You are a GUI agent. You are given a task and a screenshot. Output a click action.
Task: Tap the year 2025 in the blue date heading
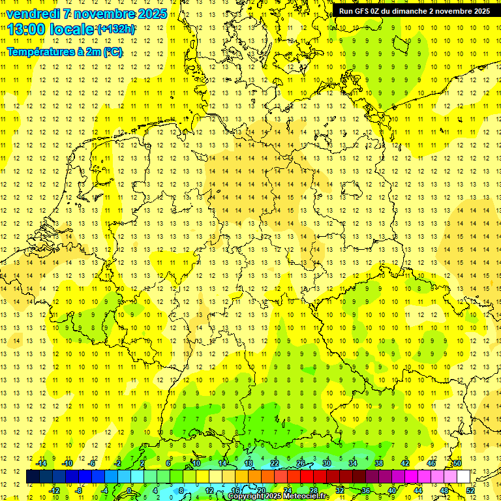click(149, 14)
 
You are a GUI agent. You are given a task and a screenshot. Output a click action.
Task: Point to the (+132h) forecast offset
click(116, 29)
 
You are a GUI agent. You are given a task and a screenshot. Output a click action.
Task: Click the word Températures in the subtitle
click(40, 52)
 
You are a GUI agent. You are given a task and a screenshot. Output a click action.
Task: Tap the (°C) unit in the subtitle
click(111, 52)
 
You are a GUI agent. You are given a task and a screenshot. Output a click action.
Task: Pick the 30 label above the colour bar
click(327, 463)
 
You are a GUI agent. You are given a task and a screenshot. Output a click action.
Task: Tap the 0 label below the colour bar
click(129, 491)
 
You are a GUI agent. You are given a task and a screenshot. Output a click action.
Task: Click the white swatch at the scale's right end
click(464, 476)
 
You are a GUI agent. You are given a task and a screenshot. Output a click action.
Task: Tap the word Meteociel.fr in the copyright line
click(306, 496)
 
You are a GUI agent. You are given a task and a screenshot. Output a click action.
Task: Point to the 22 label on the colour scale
click(275, 463)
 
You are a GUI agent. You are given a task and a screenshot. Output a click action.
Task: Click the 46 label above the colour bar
click(431, 463)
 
